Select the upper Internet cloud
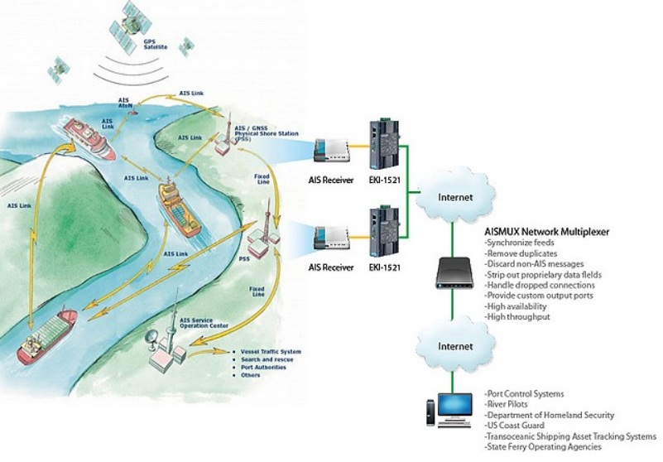click(x=455, y=198)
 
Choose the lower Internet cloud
click(x=455, y=345)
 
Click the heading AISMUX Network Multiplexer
click(x=546, y=233)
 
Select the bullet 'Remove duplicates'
click(x=522, y=253)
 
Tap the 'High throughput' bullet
click(x=517, y=316)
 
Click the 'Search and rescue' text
click(x=265, y=359)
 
